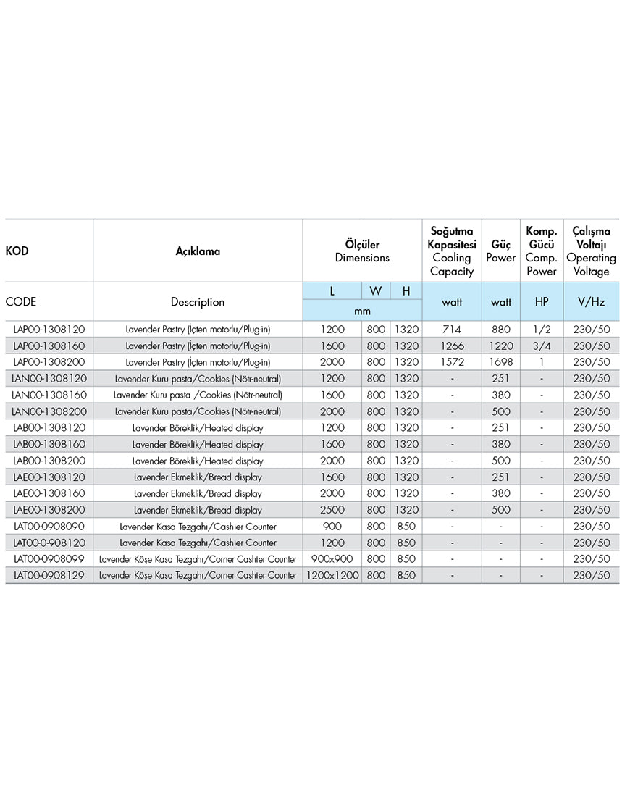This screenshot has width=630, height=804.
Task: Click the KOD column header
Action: click(x=17, y=251)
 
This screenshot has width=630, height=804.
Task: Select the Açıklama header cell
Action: click(x=198, y=251)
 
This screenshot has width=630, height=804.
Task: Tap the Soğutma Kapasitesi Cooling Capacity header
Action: click(x=451, y=251)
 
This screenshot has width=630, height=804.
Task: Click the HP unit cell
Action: click(x=542, y=301)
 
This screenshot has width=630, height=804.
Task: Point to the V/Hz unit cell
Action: click(x=591, y=301)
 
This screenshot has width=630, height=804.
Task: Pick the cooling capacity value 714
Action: click(x=451, y=329)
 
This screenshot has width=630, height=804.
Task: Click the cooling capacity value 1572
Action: click(x=451, y=361)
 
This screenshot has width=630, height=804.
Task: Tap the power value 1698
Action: click(x=500, y=361)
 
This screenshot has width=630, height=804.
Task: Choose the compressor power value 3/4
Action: click(x=542, y=346)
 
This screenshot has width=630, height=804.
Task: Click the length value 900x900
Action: click(x=332, y=559)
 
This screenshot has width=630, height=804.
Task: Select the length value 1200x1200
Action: click(x=332, y=575)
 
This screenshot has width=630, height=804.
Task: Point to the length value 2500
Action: click(x=332, y=510)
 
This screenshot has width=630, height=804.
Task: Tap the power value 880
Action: click(x=500, y=329)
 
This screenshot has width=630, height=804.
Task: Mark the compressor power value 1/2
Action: click(x=542, y=329)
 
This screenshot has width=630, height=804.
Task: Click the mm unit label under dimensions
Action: click(x=362, y=311)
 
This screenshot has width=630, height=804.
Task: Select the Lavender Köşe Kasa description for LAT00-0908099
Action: click(x=198, y=559)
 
